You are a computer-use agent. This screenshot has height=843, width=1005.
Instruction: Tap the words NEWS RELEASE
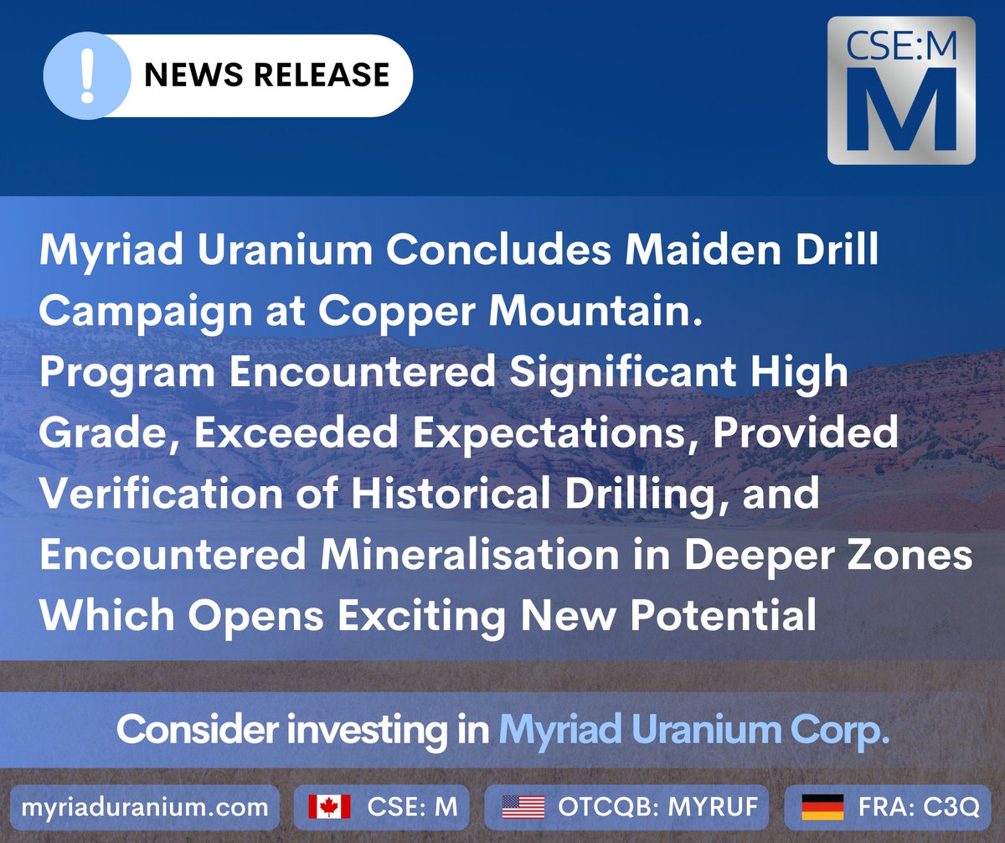click(266, 75)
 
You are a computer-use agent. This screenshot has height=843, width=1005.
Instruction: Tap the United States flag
click(523, 807)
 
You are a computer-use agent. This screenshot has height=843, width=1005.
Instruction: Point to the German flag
click(822, 807)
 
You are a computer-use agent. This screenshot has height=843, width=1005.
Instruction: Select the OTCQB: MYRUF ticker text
click(658, 807)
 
